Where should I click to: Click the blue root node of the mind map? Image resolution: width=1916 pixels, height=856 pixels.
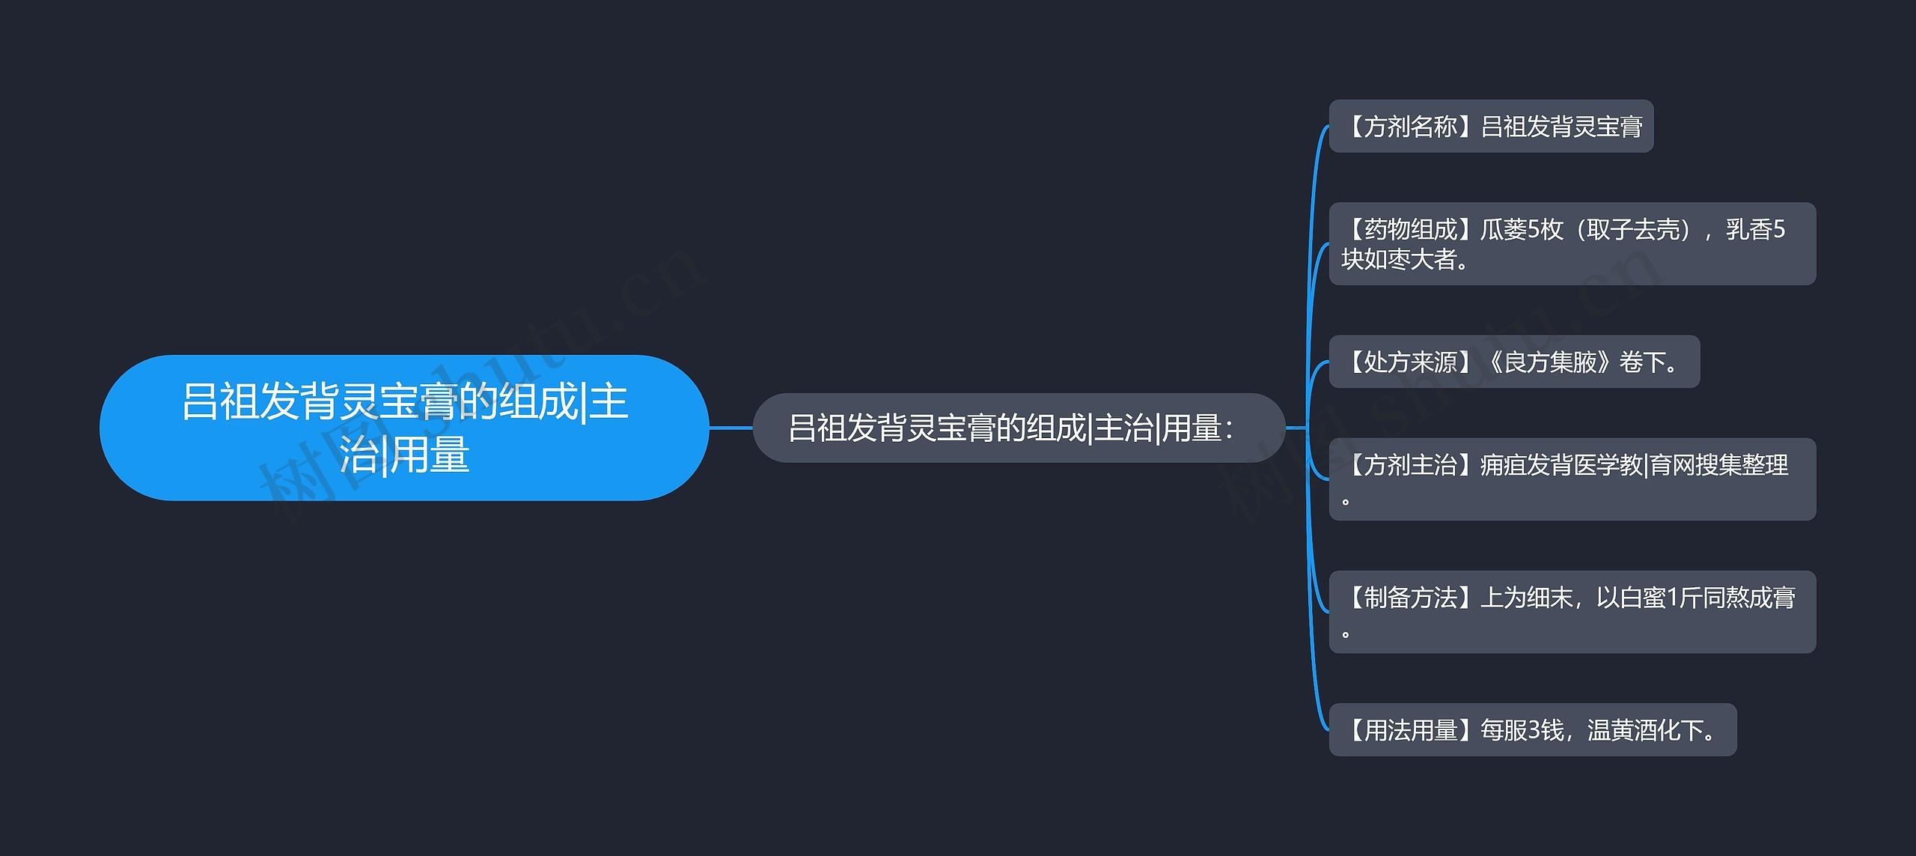[404, 428]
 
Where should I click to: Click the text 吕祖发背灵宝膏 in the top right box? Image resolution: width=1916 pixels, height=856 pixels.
[1562, 127]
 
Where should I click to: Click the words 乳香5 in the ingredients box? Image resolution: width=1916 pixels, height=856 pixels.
[1755, 229]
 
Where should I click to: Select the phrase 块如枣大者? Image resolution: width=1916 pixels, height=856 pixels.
[1398, 260]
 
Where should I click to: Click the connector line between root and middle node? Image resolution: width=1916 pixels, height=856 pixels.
[730, 428]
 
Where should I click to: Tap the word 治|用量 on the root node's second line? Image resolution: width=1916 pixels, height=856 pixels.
[404, 455]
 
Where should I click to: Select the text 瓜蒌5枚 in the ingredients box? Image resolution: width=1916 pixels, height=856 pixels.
[1522, 229]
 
